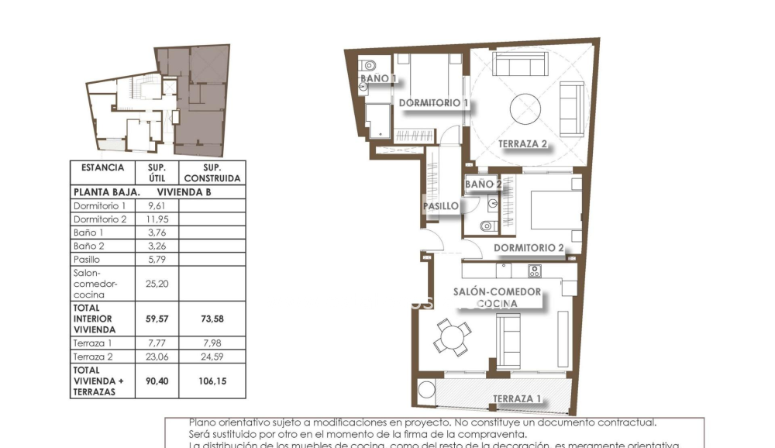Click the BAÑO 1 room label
coord(377,79)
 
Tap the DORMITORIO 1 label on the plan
coord(433,103)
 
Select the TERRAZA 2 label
coord(522,144)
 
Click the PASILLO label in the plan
coord(440,206)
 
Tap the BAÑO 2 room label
coord(483,184)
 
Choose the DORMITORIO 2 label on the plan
coord(528,249)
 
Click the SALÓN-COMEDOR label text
coord(497,292)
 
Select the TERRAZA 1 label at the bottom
coord(517,399)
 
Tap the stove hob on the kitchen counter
coord(534,271)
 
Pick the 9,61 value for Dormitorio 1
coord(157,206)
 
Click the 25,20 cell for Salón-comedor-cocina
coord(157,284)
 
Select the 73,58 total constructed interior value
coord(212,319)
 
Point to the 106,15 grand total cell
coord(212,381)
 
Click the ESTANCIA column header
coord(102,167)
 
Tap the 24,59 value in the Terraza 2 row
coord(212,357)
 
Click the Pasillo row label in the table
coord(87,259)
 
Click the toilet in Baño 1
coord(370,65)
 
